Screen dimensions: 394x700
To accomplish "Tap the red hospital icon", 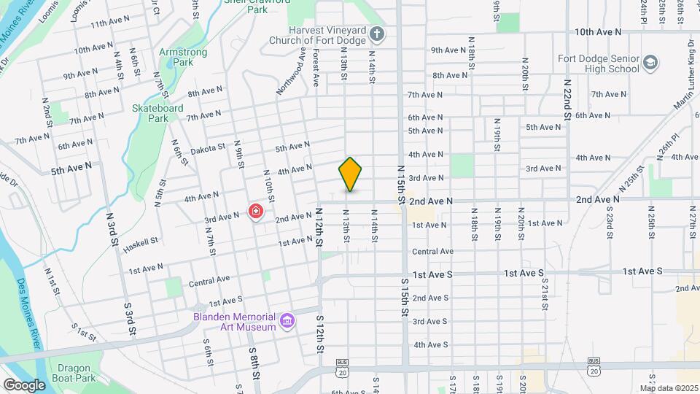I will (x=256, y=212).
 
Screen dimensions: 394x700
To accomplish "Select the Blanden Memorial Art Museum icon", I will (x=287, y=321).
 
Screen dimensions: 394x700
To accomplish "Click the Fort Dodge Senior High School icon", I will (x=650, y=63).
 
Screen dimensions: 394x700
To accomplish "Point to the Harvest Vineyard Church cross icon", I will (x=376, y=34).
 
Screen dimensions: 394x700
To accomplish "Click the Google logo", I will (x=24, y=385).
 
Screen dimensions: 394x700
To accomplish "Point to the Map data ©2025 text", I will (x=669, y=387).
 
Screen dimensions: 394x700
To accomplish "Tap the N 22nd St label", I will (x=567, y=94).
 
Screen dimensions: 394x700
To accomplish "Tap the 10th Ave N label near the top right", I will (x=597, y=32).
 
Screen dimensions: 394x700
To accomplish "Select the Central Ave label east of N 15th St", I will (x=432, y=252).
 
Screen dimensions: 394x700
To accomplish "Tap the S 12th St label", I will (x=319, y=334).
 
